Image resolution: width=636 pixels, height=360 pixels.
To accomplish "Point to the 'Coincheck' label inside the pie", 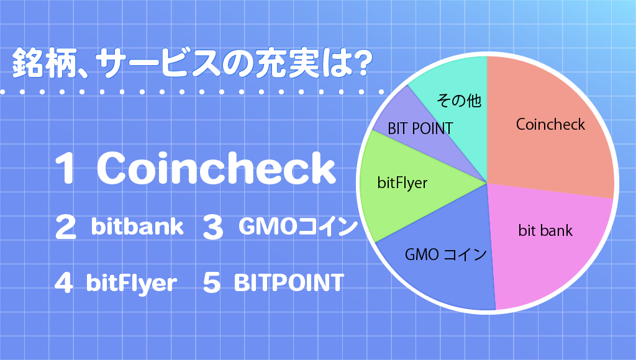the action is [550, 125].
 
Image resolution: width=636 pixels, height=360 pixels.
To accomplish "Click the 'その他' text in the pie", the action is [459, 100].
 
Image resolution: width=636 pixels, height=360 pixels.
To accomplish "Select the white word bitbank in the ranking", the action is [137, 226].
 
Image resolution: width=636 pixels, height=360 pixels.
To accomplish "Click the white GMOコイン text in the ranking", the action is [298, 226].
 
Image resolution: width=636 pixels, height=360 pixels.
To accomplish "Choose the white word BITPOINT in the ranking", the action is [289, 282].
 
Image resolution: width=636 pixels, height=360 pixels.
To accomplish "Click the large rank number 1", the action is [65, 168].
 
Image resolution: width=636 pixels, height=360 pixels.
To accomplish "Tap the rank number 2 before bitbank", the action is [65, 227].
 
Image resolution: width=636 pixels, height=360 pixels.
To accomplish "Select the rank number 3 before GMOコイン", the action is [213, 227].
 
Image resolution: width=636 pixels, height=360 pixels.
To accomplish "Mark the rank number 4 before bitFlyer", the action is [64, 282].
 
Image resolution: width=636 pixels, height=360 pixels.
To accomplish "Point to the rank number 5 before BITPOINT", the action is [211, 282].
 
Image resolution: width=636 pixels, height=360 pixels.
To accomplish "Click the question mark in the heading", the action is [360, 63].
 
